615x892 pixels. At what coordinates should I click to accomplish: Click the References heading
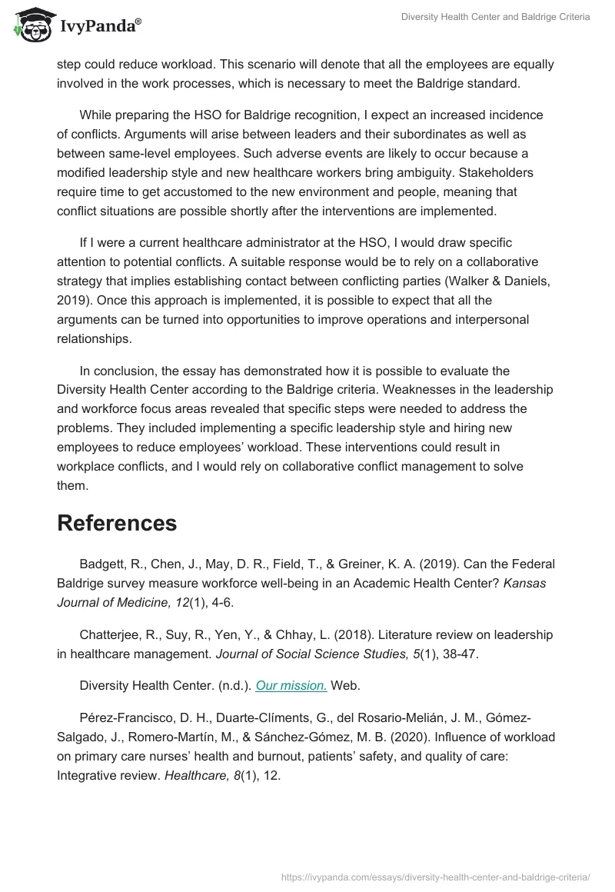point(117,523)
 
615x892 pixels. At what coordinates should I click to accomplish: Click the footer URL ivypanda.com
point(436,877)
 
